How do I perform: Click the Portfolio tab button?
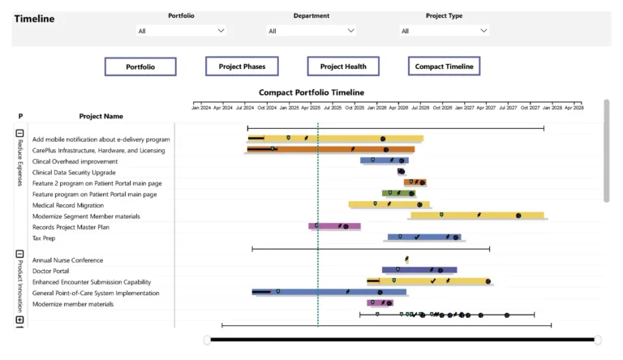click(140, 66)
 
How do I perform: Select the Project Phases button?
click(241, 66)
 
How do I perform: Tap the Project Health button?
click(343, 66)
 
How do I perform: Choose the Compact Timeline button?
click(444, 66)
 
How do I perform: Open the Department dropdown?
click(311, 31)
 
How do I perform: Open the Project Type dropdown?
click(444, 31)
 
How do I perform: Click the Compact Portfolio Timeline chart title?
click(311, 92)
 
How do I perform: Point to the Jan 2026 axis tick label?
click(376, 107)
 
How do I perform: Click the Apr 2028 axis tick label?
click(574, 107)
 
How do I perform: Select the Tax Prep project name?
click(44, 238)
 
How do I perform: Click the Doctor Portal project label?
click(50, 271)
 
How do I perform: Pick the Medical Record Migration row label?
click(68, 205)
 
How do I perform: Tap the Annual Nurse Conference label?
click(67, 260)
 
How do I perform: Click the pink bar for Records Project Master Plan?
click(334, 227)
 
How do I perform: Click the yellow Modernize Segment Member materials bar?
click(479, 216)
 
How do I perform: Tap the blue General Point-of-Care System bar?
click(324, 292)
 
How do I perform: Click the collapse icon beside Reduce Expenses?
click(20, 133)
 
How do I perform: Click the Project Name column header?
click(101, 116)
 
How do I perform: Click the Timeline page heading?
click(35, 19)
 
